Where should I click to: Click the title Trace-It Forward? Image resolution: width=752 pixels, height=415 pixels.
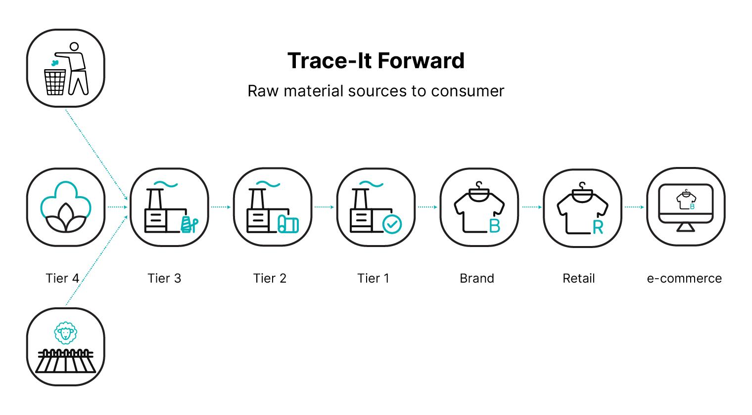(376, 61)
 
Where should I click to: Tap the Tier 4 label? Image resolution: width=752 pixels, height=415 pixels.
(62, 278)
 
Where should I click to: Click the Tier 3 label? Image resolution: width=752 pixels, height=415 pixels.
(164, 278)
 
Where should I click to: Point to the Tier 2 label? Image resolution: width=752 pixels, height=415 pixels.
(270, 278)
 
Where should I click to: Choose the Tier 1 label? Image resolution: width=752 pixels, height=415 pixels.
(373, 278)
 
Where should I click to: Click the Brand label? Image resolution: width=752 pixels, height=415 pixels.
(477, 278)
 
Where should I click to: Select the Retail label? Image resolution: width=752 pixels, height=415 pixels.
(579, 278)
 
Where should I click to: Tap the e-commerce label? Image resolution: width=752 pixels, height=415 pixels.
(684, 278)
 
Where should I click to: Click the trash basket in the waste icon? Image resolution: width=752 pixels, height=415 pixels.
(55, 82)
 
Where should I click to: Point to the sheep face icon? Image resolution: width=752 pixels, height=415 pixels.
(65, 333)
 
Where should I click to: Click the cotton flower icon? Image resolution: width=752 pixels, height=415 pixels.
(65, 207)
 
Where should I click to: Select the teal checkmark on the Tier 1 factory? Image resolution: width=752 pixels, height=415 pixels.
(392, 224)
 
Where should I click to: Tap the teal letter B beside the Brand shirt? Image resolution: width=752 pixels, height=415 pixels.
(494, 226)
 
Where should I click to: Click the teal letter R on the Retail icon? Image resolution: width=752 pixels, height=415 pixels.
(598, 227)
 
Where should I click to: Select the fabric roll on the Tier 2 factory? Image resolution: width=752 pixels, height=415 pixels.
(288, 224)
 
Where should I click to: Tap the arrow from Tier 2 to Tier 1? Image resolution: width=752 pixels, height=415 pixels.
(324, 207)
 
